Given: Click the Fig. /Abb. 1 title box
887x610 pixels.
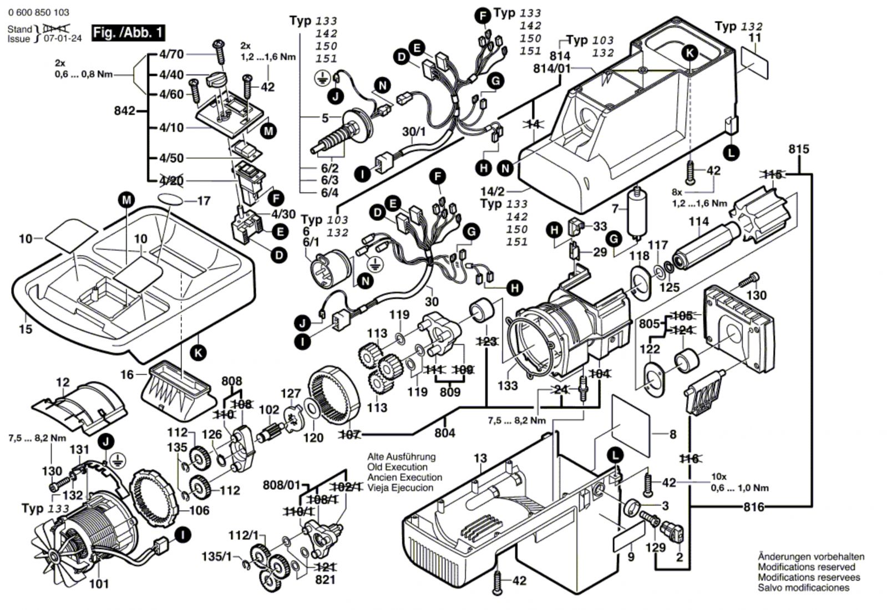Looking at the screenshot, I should click(x=128, y=33).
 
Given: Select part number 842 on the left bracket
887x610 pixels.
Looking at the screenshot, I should click(x=124, y=111).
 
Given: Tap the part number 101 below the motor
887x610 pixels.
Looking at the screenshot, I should click(x=99, y=583).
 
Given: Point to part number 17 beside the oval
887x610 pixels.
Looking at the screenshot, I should click(x=204, y=201).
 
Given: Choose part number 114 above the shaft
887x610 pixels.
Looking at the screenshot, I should click(x=699, y=222).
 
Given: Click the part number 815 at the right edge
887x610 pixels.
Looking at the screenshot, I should click(x=799, y=149).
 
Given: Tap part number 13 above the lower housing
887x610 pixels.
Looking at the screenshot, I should click(x=480, y=458).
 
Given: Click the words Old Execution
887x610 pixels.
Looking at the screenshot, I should click(x=397, y=467).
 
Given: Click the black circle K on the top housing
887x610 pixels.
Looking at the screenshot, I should click(x=690, y=53).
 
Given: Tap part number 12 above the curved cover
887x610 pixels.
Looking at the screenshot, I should click(x=63, y=382).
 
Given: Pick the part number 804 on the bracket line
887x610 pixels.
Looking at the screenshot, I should click(x=445, y=433).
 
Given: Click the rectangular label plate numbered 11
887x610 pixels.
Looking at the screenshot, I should click(x=755, y=63).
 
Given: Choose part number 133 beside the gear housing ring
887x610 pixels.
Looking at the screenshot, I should click(x=508, y=385).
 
